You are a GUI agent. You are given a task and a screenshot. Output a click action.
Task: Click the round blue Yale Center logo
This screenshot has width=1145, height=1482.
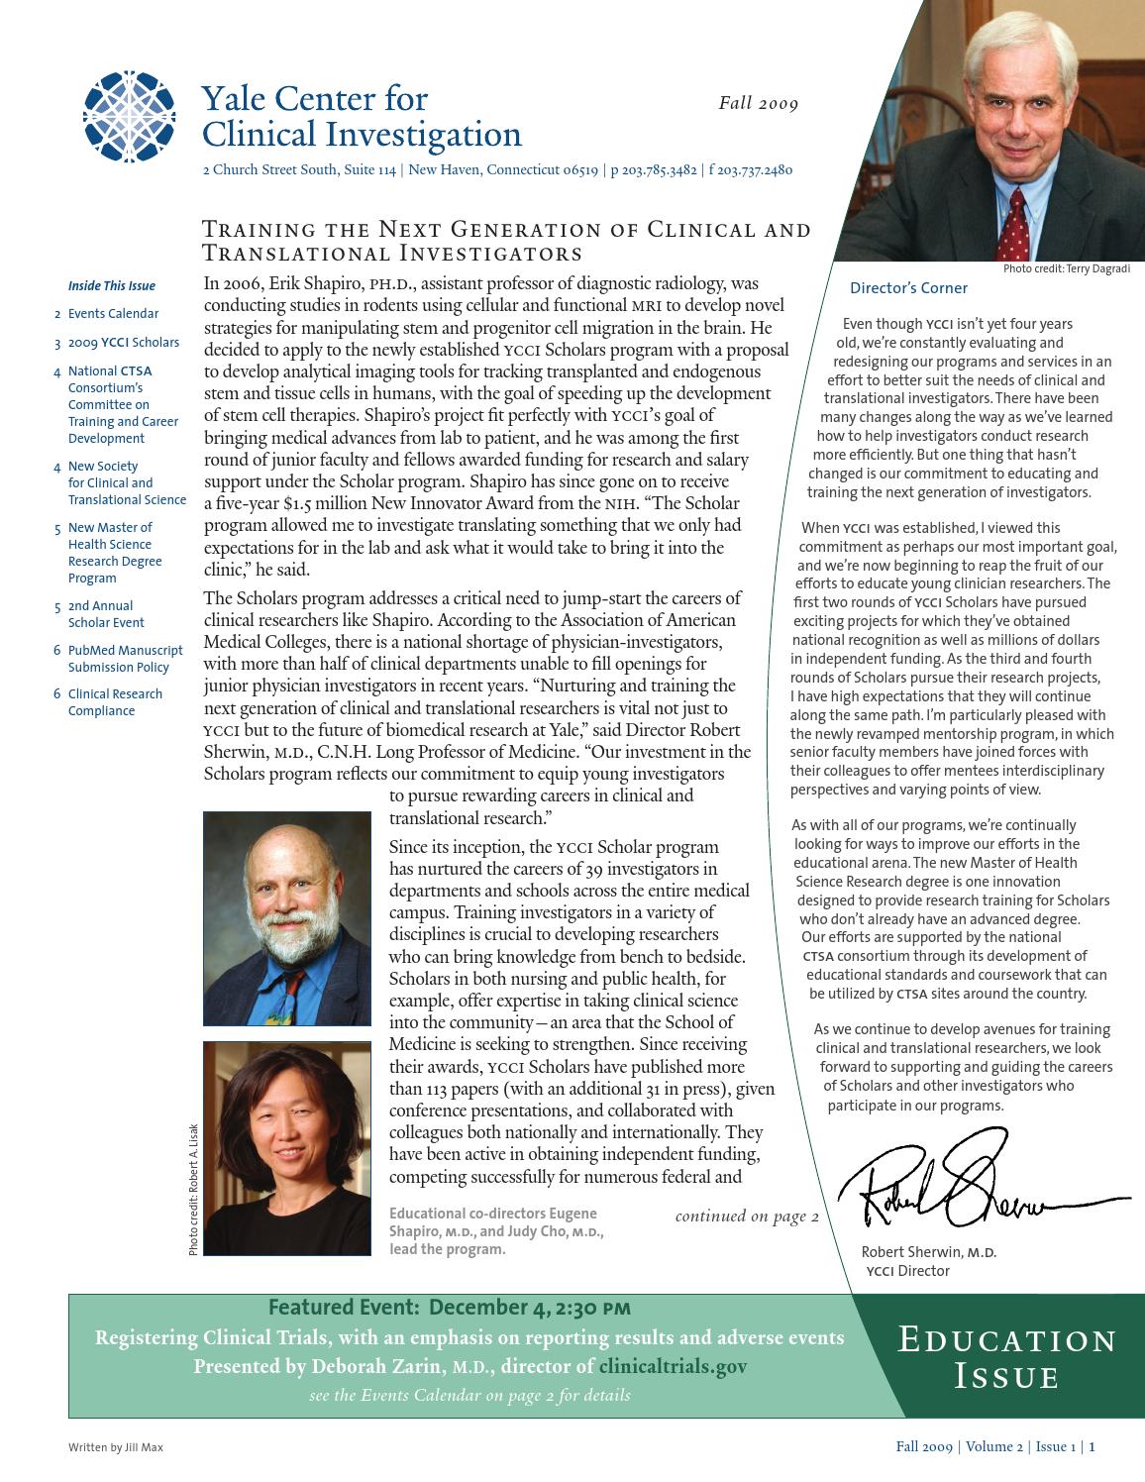[130, 117]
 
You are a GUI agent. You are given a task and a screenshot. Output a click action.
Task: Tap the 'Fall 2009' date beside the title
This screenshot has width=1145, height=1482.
[758, 103]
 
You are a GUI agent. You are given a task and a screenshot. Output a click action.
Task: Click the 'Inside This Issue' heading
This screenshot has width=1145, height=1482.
[111, 286]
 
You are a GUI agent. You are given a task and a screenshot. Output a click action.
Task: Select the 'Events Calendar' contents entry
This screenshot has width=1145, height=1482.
[113, 314]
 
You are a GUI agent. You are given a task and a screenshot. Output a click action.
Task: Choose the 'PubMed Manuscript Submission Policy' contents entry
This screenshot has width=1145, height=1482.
[125, 659]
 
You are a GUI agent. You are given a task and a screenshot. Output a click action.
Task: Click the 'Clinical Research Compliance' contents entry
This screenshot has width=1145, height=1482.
[115, 702]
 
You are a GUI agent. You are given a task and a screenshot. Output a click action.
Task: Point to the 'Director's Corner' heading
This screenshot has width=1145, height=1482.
[908, 288]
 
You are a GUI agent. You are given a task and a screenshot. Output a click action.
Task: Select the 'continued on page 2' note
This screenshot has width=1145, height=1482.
[747, 1217]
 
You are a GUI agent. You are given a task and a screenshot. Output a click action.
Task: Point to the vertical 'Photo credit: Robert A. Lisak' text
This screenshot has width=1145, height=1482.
[193, 1189]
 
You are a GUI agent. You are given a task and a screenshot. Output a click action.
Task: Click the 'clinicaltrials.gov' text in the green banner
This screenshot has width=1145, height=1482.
[673, 1367]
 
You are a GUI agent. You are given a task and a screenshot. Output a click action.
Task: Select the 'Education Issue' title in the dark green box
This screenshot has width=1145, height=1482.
[1006, 1358]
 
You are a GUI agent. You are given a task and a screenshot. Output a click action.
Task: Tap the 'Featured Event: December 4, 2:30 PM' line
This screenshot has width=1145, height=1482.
[449, 1308]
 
